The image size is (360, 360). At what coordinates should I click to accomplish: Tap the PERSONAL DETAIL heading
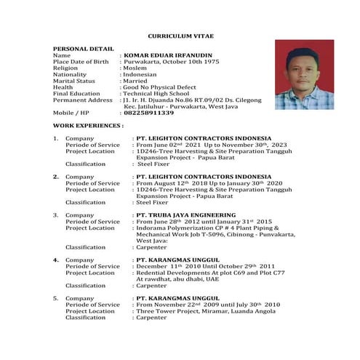(x=83, y=48)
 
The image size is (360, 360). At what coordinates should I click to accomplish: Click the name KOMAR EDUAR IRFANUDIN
(x=167, y=55)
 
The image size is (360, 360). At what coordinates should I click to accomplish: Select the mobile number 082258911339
(x=149, y=113)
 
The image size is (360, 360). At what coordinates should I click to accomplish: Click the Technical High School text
(x=157, y=94)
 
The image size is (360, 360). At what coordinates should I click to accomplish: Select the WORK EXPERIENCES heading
(x=88, y=126)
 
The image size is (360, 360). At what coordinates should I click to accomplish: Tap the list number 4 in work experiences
(x=56, y=260)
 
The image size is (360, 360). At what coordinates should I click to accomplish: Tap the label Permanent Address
(x=83, y=100)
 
